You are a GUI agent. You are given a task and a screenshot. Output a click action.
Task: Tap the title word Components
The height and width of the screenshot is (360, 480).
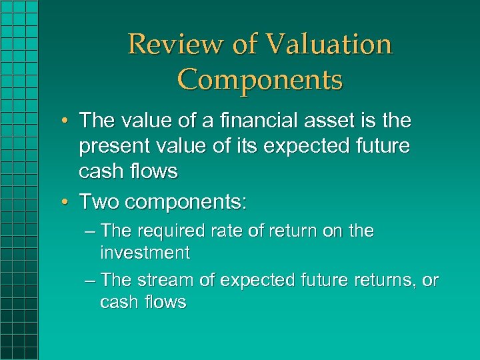coord(260,79)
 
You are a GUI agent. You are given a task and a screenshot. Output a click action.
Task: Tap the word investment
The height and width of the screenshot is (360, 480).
coord(145,253)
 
